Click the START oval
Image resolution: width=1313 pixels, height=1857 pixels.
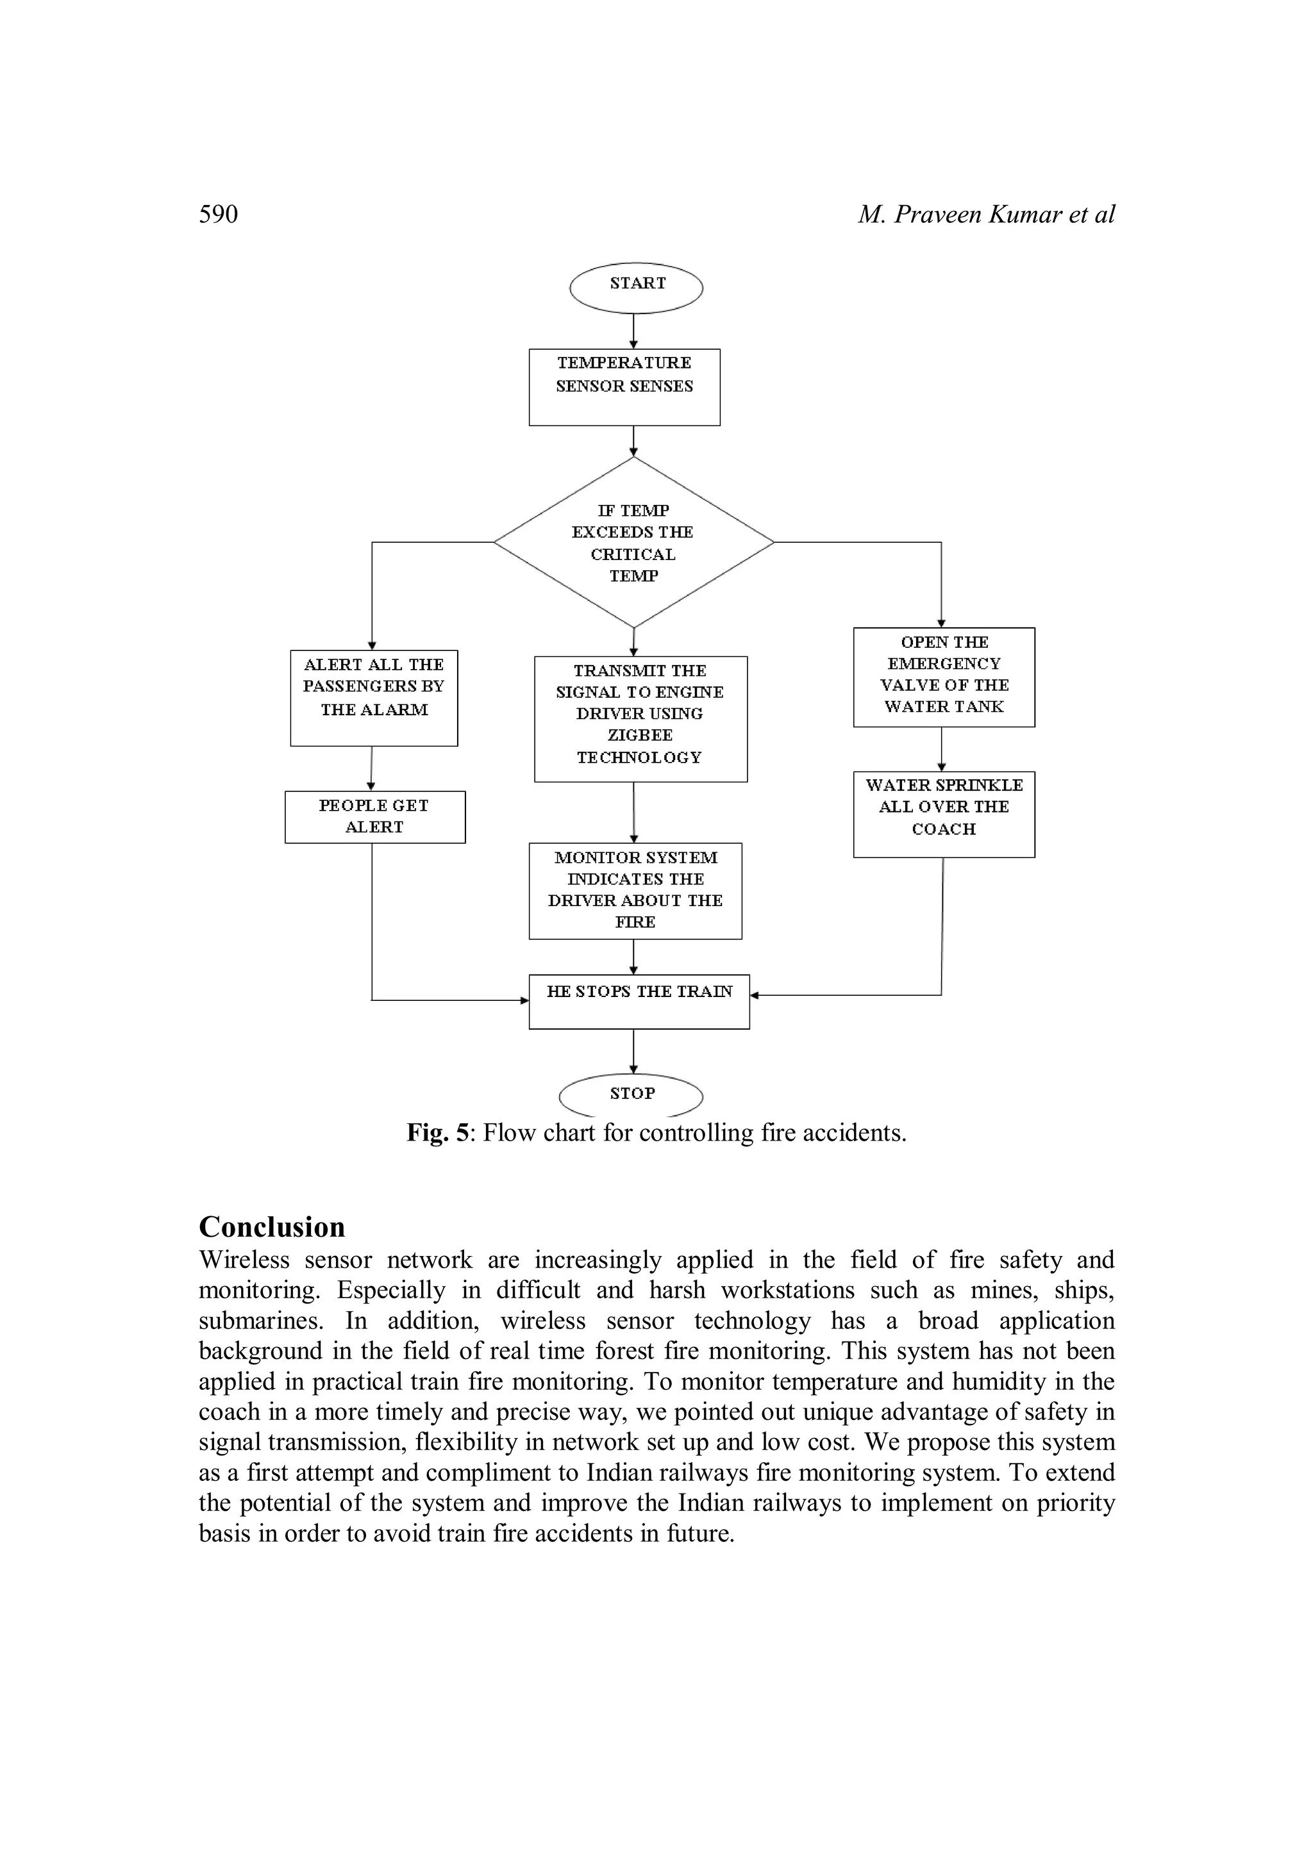[x=636, y=287]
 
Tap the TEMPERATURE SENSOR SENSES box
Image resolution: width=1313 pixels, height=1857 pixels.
[x=624, y=386]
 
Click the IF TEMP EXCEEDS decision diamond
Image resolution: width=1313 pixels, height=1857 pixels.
[x=633, y=543]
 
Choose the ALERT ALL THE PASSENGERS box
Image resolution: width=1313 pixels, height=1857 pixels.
[x=374, y=697]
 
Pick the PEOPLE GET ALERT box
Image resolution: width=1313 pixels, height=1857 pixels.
[x=374, y=816]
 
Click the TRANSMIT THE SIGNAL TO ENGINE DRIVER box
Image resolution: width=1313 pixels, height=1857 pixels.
[x=640, y=718]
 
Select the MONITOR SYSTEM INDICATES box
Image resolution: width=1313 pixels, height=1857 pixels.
[x=635, y=891]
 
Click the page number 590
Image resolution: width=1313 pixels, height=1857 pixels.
[x=219, y=214]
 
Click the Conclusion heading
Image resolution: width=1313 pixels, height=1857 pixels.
[x=272, y=1227]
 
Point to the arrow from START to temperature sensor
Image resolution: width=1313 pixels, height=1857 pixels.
[x=633, y=331]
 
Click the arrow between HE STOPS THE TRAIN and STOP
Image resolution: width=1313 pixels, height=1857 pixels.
[x=633, y=1051]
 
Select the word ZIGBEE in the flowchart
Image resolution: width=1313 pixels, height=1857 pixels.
[x=639, y=735]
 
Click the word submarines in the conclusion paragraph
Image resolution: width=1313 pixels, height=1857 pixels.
[x=260, y=1321]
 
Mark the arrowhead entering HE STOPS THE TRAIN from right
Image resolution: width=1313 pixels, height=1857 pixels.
[x=755, y=996]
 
